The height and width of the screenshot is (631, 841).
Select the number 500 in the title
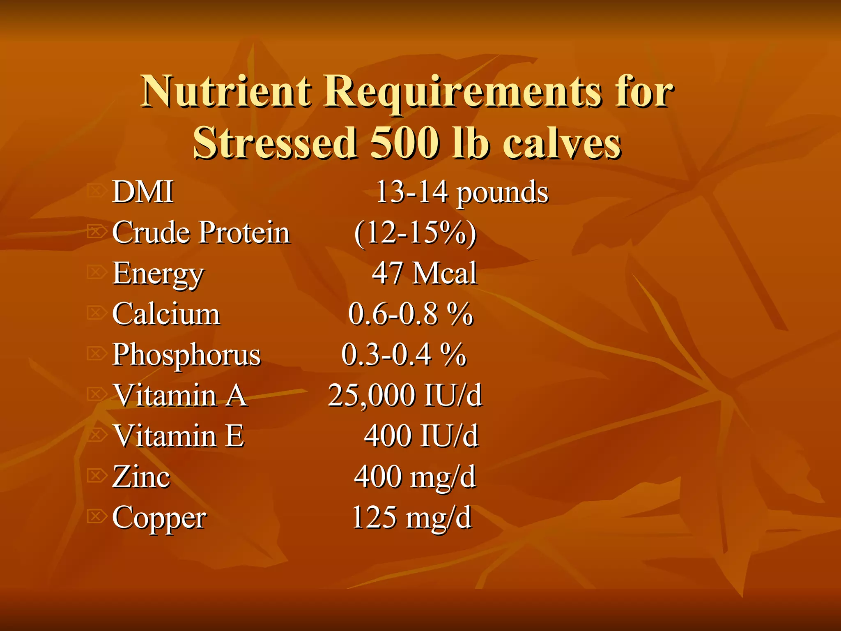[x=404, y=143]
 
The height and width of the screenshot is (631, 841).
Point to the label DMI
[x=143, y=192]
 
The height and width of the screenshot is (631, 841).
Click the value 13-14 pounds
[x=462, y=193]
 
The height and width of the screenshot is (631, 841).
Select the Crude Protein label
[x=201, y=233]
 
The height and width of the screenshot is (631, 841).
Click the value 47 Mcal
[x=424, y=273]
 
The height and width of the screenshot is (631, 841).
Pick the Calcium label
[x=166, y=314]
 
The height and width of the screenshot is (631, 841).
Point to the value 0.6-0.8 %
[x=411, y=314]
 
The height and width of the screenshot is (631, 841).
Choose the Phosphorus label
[x=186, y=355]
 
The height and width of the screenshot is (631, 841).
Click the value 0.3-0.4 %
[x=404, y=355]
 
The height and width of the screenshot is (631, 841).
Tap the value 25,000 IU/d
[x=404, y=395]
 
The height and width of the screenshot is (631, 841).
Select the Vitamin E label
[x=178, y=436]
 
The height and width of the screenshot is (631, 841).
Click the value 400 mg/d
[x=415, y=477]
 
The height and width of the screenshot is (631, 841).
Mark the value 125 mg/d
[x=411, y=517]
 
